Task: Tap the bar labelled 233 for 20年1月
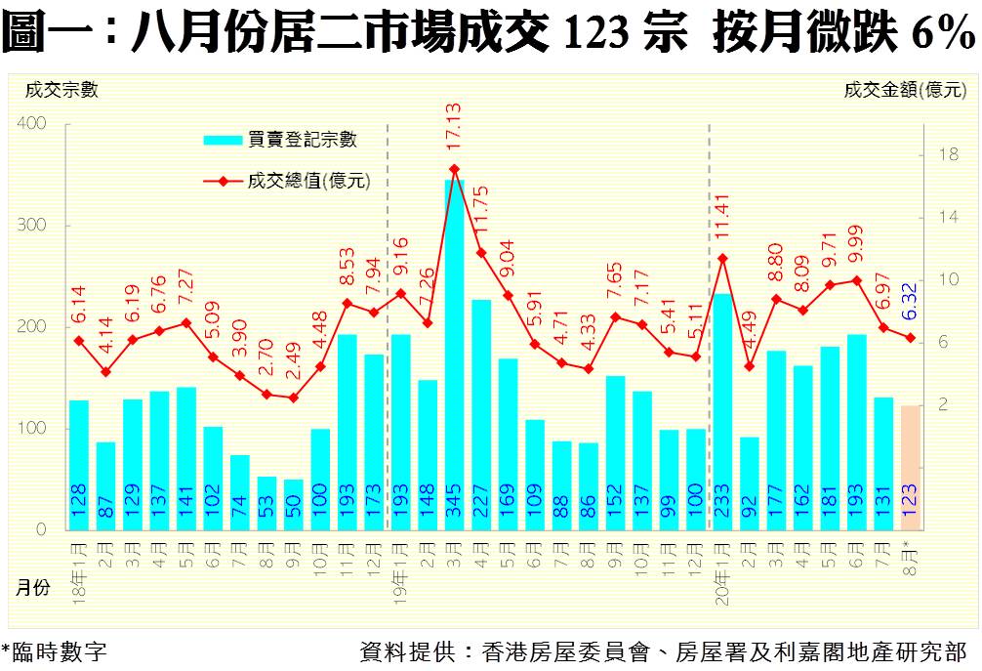[722, 410]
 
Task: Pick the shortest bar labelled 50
[293, 504]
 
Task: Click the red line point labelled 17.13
[454, 169]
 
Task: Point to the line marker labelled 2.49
[293, 398]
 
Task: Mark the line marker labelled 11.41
[722, 258]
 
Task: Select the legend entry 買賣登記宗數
[280, 140]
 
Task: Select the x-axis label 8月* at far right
[910, 561]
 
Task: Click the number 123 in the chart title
[595, 36]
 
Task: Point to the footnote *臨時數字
[54, 651]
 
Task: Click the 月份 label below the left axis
[33, 588]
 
